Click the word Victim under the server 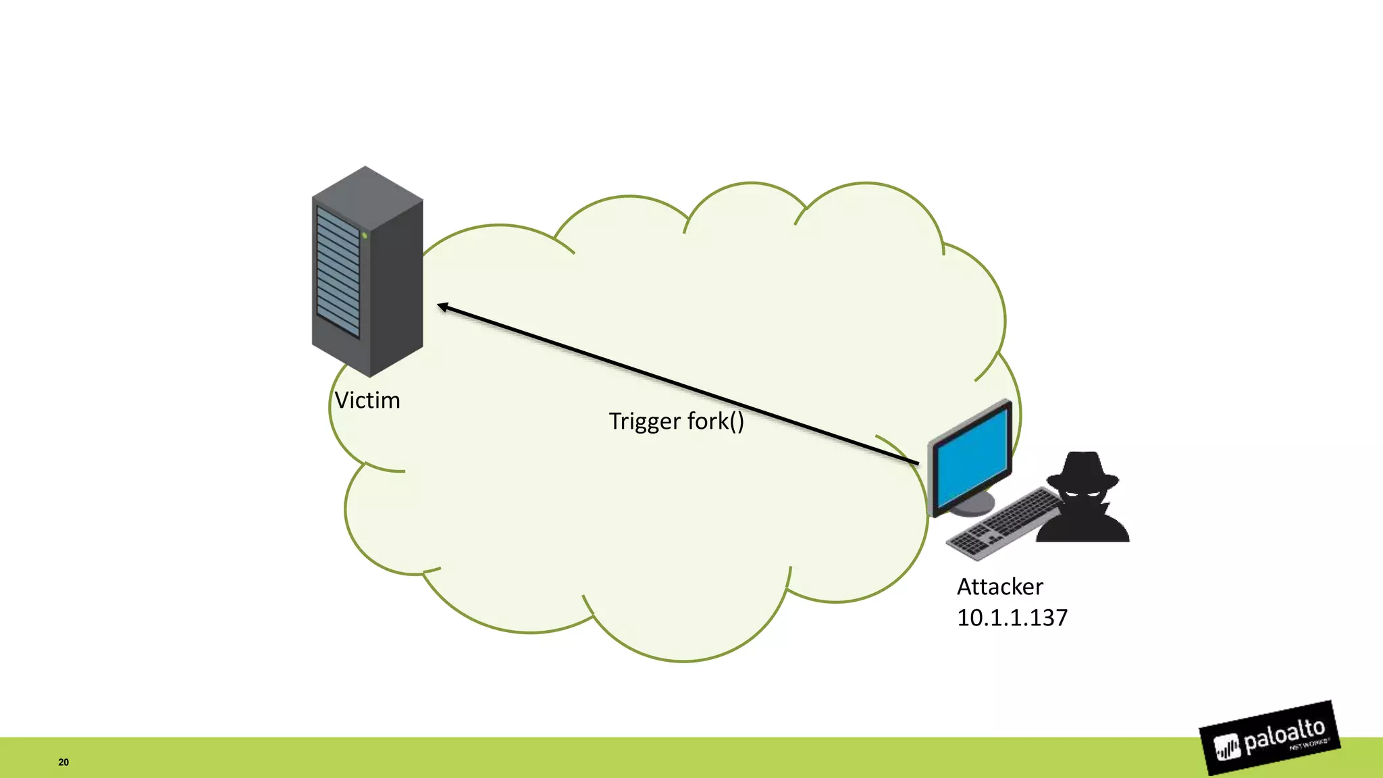367,400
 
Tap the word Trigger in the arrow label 644,421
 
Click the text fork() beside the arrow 716,421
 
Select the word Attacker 999,586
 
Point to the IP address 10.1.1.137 1012,617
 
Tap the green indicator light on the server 365,236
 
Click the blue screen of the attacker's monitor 971,459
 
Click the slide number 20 63,762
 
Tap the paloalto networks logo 1270,737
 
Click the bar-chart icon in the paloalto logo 1228,748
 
